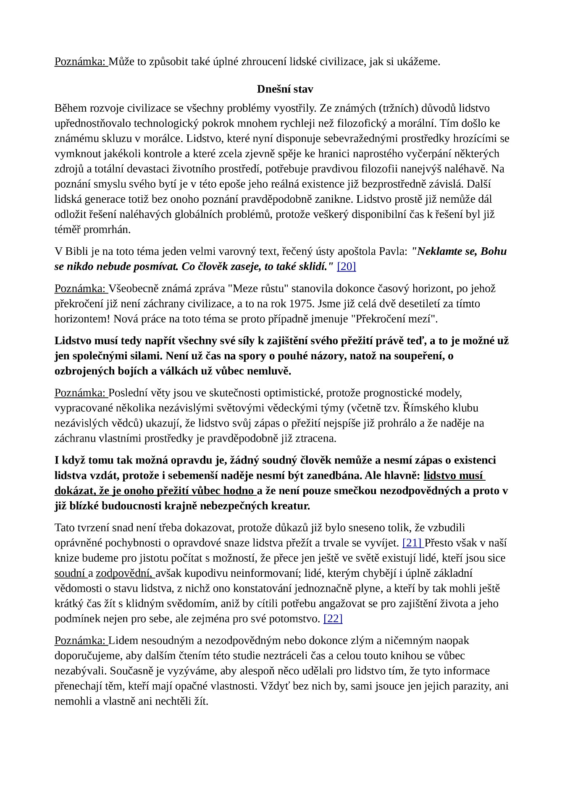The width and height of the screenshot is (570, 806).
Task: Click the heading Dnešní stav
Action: pos(285,89)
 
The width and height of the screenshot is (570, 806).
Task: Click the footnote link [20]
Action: pos(346,267)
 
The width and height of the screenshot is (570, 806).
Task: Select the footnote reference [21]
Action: pos(412,543)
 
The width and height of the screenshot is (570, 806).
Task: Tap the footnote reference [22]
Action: pos(333,618)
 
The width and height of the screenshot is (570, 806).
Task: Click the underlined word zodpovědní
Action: pos(124,573)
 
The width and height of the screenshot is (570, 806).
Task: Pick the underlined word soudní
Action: pos(70,573)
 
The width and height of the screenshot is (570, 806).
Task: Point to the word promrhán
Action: pos(107,230)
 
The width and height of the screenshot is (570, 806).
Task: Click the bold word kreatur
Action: pos(290,506)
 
